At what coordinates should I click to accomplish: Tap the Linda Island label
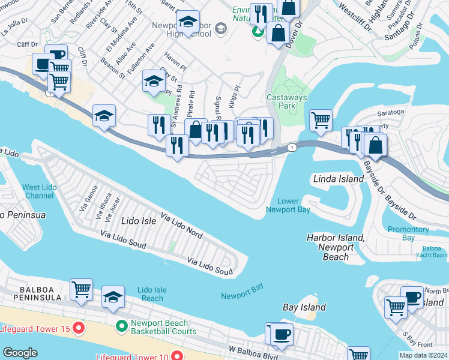339,179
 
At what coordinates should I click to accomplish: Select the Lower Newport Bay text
288,205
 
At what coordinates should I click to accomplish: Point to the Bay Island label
304,307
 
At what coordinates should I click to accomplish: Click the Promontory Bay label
409,233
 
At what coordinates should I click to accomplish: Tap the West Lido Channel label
40,191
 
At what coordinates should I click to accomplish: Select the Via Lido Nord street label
181,223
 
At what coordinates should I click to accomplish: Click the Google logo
20,353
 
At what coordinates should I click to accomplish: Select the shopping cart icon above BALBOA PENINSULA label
81,289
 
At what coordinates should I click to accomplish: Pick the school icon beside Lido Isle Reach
113,296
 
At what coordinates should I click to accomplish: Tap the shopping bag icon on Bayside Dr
375,145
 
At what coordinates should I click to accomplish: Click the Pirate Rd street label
191,103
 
